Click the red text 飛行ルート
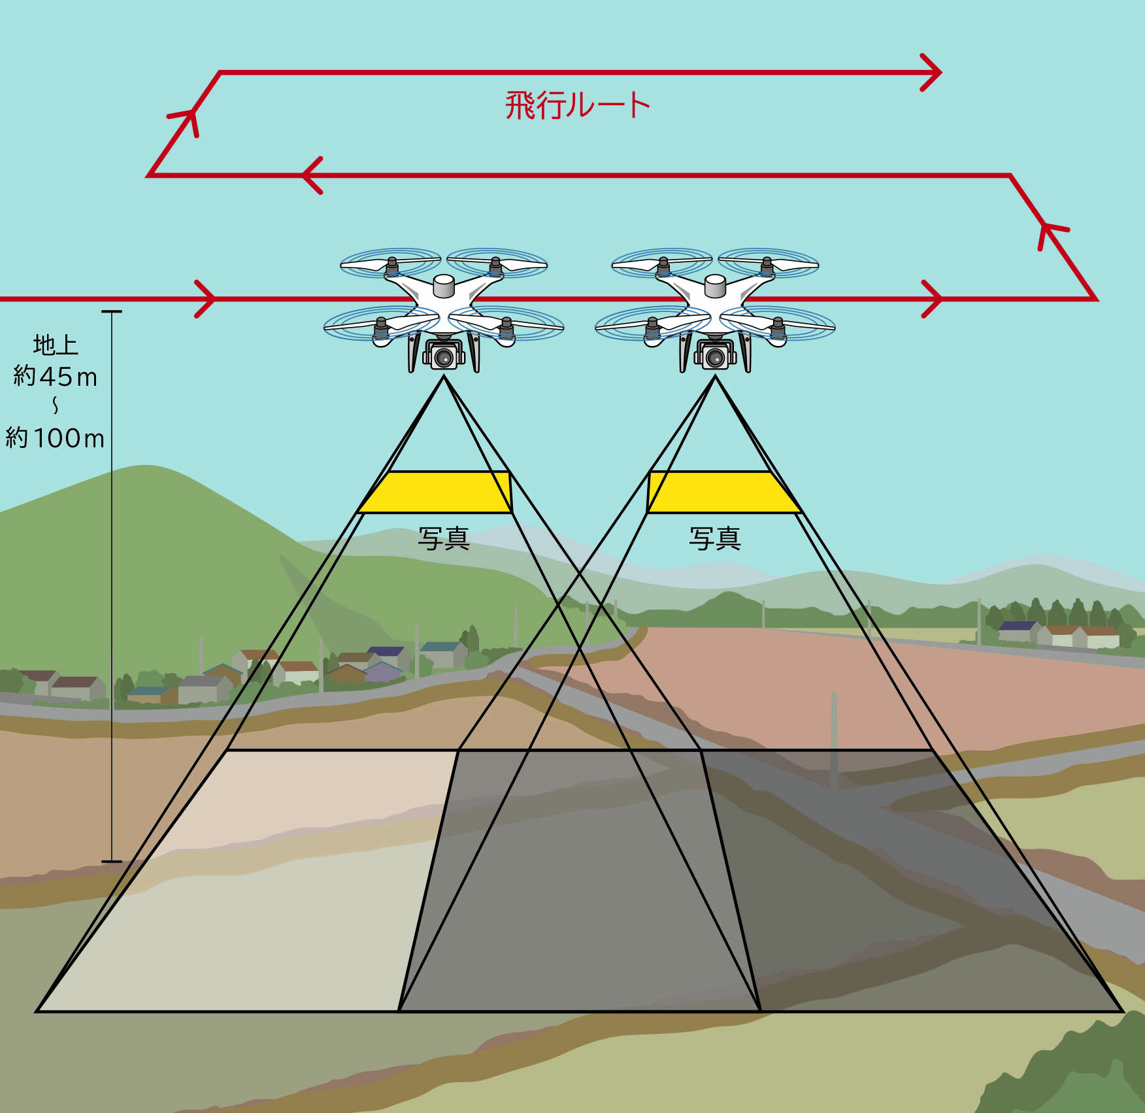coord(577,105)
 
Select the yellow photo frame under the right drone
coord(723,492)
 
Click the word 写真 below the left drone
coord(444,539)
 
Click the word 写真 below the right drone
coord(715,539)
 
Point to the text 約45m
coord(56,377)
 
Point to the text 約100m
coord(56,438)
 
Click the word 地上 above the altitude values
coord(56,345)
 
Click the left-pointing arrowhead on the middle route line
coord(310,175)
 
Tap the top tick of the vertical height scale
coord(112,312)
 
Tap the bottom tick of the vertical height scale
coord(112,861)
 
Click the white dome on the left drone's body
coord(444,284)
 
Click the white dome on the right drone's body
coord(715,284)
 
